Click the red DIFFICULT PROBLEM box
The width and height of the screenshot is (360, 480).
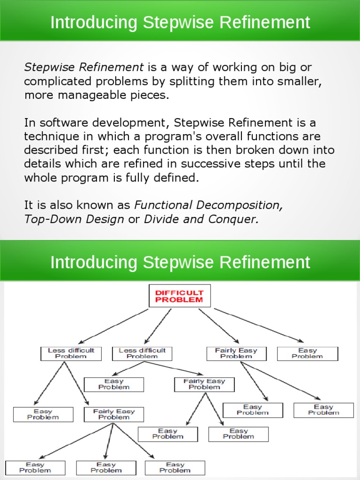coord(180,296)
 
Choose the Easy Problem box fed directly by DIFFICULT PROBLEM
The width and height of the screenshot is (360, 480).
coord(307,353)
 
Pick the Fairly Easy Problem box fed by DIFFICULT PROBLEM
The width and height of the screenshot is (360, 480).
coord(236,353)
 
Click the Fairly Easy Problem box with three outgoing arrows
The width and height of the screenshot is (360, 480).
coord(113,414)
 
